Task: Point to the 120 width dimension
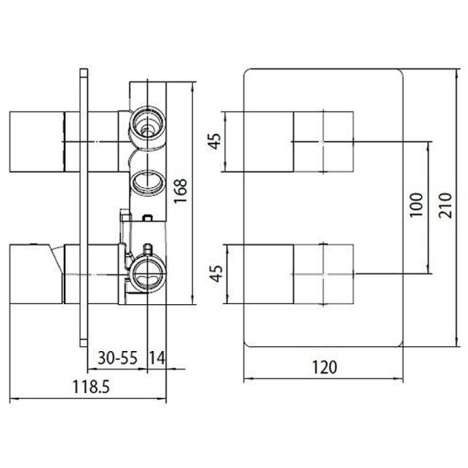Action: coord(323,367)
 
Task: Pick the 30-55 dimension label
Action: coord(115,357)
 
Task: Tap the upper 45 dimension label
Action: coord(214,142)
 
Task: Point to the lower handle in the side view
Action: coord(36,274)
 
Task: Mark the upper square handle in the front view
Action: coord(323,142)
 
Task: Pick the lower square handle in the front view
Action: coord(323,275)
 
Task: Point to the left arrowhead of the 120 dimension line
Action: coord(247,378)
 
